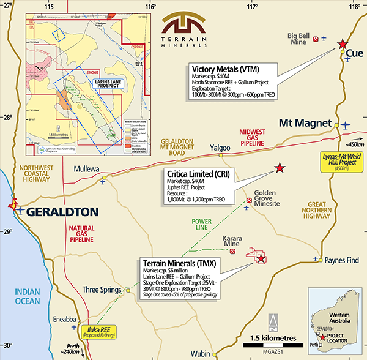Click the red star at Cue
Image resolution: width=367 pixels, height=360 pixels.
(x=343, y=44)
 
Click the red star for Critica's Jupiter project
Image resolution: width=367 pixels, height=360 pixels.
(x=280, y=167)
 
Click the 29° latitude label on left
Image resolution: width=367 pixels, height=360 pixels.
(x=7, y=232)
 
